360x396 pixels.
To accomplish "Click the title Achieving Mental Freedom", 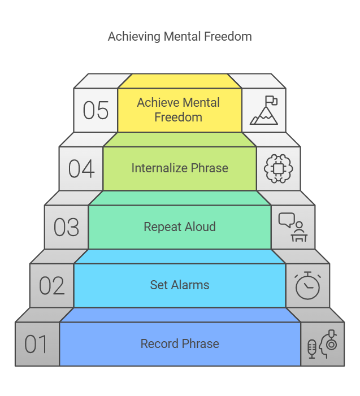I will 180,37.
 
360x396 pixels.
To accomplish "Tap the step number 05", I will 96,110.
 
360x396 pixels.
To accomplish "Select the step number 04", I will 81,168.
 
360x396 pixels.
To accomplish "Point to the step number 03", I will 67,227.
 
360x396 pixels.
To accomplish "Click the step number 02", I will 52,286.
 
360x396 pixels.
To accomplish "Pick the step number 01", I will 37,344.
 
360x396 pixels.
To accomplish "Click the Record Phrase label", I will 180,343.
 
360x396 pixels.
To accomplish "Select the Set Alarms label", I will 180,285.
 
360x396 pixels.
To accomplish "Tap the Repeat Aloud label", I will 180,227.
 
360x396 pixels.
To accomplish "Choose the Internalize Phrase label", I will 180,168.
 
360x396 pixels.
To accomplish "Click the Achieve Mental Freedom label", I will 179,110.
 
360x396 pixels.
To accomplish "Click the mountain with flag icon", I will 264,110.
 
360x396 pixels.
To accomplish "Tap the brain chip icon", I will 279,168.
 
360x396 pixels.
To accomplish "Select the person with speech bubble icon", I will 293,227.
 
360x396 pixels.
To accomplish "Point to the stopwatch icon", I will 307,286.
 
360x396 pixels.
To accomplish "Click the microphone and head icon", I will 322,344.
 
